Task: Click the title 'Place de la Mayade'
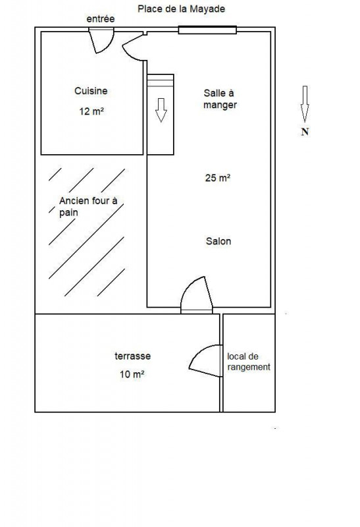181,9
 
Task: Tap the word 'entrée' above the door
101,19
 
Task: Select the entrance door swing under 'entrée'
102,41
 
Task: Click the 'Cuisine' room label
91,91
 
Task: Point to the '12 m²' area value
91,111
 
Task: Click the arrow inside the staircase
161,110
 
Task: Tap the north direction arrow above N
305,104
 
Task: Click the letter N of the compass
305,132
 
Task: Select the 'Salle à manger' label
220,99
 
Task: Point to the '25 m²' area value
218,177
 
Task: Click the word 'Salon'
219,241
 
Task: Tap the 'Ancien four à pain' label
88,206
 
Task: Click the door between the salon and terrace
197,294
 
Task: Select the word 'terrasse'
133,356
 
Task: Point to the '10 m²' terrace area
132,374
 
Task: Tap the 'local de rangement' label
249,362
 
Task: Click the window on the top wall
207,30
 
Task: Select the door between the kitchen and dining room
134,47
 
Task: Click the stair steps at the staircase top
161,80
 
